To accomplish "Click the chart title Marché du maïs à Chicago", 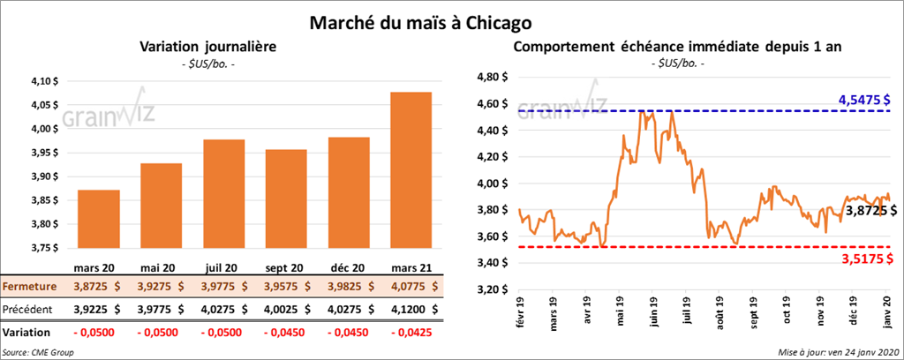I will coord(451,19).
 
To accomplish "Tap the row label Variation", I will coord(26,333).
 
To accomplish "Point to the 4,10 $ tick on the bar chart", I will coord(43,82).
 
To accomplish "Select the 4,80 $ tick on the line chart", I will coord(490,78).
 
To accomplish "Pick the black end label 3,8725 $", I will coord(871,212).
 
